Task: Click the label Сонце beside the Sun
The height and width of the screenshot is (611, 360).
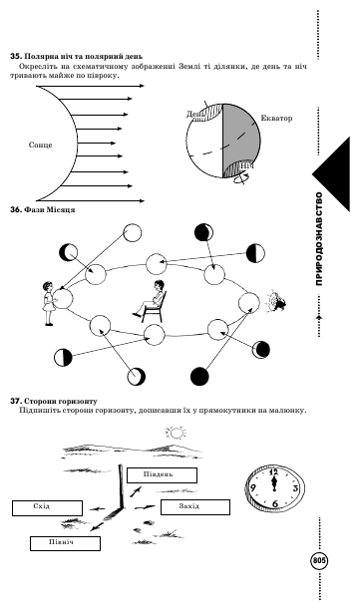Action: click(x=40, y=145)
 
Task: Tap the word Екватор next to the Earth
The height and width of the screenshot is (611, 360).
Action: click(x=276, y=118)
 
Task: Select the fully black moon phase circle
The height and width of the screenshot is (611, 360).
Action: click(x=199, y=377)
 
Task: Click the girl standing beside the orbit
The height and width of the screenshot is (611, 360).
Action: click(x=49, y=303)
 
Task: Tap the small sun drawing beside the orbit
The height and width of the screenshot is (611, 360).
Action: click(x=277, y=301)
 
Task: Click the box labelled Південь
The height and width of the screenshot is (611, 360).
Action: click(x=162, y=475)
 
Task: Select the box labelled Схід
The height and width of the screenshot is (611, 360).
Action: click(x=47, y=508)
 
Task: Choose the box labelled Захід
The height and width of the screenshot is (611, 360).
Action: click(x=195, y=507)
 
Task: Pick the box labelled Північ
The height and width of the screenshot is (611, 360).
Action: click(x=65, y=543)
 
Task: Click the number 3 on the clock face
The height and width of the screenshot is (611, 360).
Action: click(x=295, y=488)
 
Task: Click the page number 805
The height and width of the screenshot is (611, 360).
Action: click(x=319, y=561)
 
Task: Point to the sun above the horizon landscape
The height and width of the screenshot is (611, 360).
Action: click(x=176, y=433)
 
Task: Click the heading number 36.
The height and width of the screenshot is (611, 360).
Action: click(x=15, y=209)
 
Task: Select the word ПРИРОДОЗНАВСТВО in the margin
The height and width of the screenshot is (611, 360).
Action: click(x=319, y=239)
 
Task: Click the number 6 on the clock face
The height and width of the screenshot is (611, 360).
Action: click(x=275, y=504)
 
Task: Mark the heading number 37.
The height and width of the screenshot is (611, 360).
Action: click(x=15, y=401)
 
